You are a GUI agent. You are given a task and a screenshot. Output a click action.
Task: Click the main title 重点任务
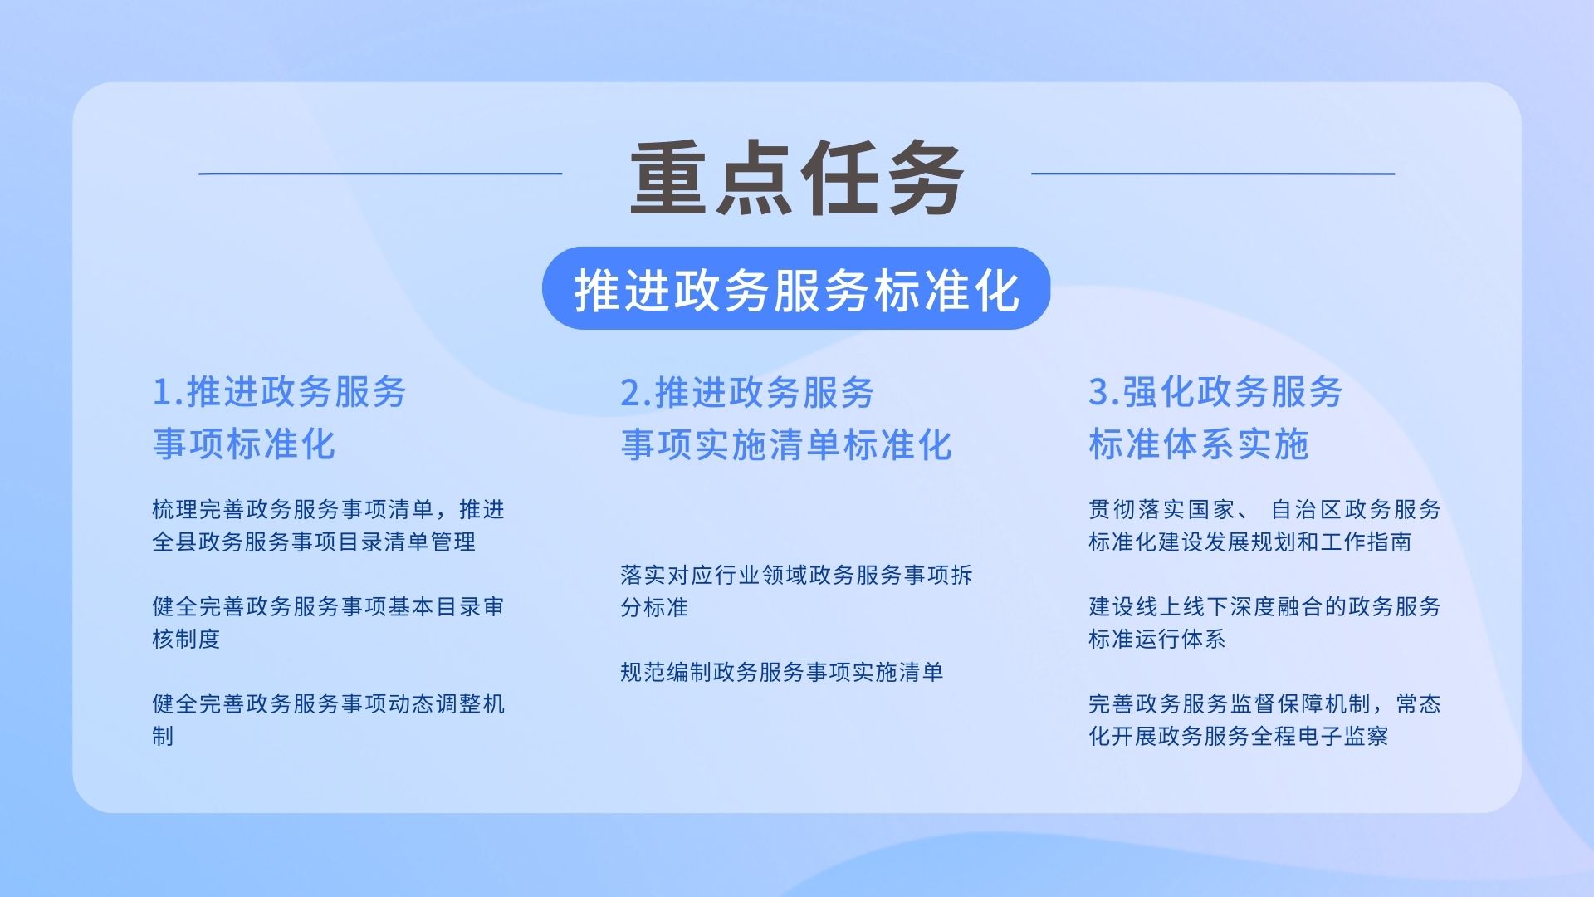[797, 178]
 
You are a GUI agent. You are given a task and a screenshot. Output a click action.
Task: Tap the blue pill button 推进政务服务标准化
[796, 288]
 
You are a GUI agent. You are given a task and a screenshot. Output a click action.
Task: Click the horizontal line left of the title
[380, 174]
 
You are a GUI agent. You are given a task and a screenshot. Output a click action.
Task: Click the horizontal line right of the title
[1213, 174]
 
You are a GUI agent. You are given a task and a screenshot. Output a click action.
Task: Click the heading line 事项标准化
[244, 444]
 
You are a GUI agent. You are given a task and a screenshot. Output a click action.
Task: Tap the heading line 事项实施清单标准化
[786, 444]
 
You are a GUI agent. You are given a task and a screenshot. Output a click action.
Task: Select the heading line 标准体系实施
[1199, 444]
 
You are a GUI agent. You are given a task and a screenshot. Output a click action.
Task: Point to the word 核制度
[186, 639]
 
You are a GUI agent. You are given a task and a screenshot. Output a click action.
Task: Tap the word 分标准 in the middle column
[654, 607]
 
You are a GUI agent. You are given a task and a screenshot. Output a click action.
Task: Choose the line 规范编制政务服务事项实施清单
[782, 672]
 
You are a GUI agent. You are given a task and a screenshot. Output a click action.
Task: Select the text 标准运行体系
[1157, 639]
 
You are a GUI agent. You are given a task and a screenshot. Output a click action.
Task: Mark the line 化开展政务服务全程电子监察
[1239, 736]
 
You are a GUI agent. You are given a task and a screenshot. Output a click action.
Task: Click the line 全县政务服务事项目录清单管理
[314, 542]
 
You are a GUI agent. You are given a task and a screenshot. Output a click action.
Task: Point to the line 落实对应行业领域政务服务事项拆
[797, 575]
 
